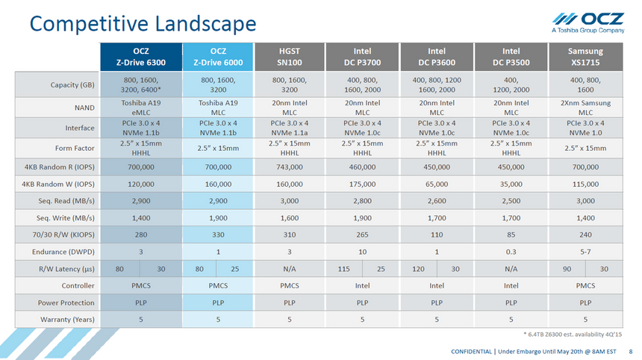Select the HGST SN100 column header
click(288, 56)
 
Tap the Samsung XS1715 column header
click(585, 56)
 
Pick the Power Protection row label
click(68, 302)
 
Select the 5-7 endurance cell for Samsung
click(585, 252)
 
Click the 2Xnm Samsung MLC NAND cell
click(585, 107)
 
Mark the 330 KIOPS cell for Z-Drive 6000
click(217, 235)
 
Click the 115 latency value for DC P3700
click(344, 269)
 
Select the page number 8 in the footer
click(632, 351)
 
